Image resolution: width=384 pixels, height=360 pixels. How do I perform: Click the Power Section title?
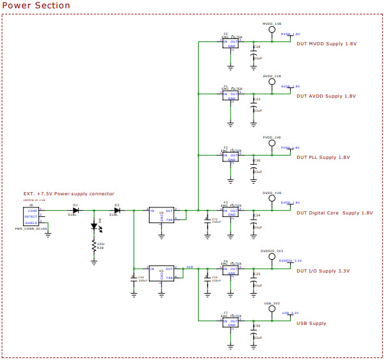[x=36, y=6]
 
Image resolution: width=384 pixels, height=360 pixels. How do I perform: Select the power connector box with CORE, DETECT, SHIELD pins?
[x=31, y=216]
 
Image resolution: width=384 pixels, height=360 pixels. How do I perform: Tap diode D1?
[x=75, y=210]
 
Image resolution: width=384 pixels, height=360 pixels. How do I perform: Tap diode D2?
[x=117, y=210]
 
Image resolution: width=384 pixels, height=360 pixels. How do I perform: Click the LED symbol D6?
[x=95, y=227]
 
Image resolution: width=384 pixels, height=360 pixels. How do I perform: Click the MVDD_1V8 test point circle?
[x=272, y=30]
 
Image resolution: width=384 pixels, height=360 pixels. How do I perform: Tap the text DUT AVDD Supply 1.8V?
[x=326, y=96]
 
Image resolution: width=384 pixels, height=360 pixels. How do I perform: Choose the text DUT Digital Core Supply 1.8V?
[x=335, y=213]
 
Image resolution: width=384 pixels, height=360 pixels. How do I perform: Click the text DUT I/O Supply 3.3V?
[x=323, y=271]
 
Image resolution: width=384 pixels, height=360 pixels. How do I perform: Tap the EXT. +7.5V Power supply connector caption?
[x=68, y=193]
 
